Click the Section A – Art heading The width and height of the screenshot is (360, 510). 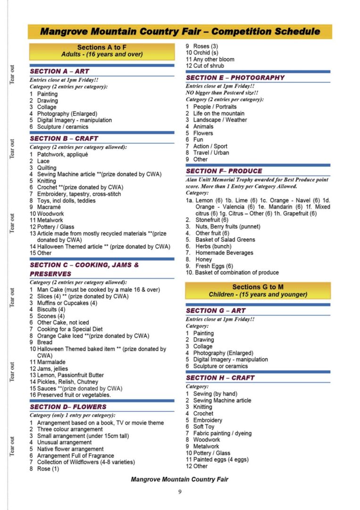pyautogui.click(x=59, y=71)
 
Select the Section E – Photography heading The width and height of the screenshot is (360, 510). pyautogui.click(x=235, y=77)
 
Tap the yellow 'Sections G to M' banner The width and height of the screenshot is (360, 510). pyautogui.click(x=258, y=290)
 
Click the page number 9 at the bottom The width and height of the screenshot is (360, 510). pyautogui.click(x=180, y=492)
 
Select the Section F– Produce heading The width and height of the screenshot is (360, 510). pyautogui.click(x=224, y=171)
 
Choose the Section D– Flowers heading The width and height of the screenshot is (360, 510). pyautogui.click(x=68, y=407)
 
